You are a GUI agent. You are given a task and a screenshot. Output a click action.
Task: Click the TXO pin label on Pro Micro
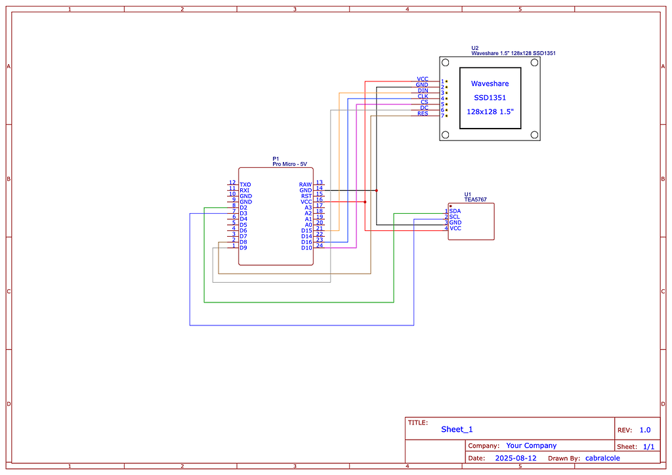tap(245, 185)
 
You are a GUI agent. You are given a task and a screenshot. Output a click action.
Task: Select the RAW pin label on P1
tap(305, 185)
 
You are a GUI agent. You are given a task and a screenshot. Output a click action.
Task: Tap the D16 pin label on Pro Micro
tap(306, 242)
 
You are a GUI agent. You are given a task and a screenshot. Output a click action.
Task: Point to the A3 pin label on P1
tap(308, 207)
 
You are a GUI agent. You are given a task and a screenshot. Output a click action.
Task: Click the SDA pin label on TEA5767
tap(455, 211)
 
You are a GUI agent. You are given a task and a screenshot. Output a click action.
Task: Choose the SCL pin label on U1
tap(455, 217)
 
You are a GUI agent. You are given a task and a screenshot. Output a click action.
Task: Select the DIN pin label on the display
tap(423, 91)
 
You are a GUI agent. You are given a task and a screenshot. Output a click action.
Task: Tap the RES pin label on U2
tap(423, 114)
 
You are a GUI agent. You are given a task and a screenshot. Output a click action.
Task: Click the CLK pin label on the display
tap(423, 96)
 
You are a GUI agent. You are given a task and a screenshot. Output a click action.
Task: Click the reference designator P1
tap(276, 159)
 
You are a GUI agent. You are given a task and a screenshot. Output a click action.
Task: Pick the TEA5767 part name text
tap(475, 199)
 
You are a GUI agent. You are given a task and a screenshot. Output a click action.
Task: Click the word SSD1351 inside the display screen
tap(490, 98)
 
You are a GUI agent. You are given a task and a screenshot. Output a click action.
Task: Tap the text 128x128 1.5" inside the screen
tap(490, 112)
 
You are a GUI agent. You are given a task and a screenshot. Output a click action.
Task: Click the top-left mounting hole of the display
tap(446, 63)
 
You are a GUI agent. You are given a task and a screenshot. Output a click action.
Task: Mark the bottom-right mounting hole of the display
tap(534, 134)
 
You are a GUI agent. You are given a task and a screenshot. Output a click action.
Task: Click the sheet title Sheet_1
tap(457, 429)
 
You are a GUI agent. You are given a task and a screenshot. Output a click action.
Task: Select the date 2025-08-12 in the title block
tap(515, 458)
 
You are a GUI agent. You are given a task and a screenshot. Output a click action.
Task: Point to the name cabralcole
tap(602, 458)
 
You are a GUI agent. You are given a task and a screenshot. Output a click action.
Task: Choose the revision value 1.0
tap(644, 430)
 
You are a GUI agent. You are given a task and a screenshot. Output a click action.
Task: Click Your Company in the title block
tap(531, 445)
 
